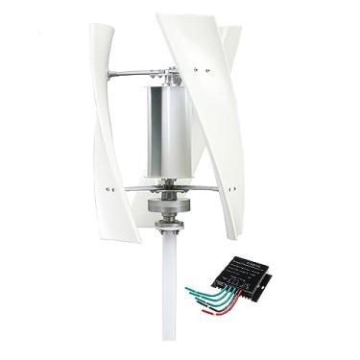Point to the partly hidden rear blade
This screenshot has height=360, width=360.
click(x=230, y=58)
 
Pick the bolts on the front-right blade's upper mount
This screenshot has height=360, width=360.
click(x=200, y=69)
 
